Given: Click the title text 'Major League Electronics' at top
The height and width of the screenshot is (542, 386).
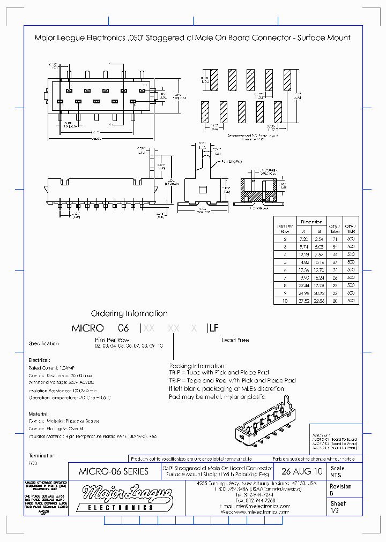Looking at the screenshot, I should coord(80,37).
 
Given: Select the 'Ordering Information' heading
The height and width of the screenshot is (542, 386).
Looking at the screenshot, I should coord(129,313).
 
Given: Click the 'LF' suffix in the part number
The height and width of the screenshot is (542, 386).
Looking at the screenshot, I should coord(213,328).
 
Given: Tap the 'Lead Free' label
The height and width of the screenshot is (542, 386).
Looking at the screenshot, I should coord(235,340).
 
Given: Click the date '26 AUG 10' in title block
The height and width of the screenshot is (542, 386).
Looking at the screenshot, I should coord(302,472).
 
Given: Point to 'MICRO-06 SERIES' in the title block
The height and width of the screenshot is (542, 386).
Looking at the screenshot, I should coord(114,472).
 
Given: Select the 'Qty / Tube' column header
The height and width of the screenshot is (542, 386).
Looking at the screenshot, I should coord(335,227).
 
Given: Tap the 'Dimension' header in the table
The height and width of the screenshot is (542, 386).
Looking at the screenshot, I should coord(311,221).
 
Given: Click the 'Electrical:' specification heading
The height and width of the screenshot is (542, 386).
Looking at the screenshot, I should coord(39,360).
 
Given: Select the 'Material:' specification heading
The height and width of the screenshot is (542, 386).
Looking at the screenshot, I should coord(38,414).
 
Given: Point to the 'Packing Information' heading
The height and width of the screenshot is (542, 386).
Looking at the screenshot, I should coord(197,366).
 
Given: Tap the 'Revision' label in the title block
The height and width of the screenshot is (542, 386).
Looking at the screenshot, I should coord(340,486).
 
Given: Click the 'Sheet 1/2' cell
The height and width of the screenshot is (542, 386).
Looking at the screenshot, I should coord(338,507).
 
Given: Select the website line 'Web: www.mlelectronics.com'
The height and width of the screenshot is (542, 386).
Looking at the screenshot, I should coord(255,512).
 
